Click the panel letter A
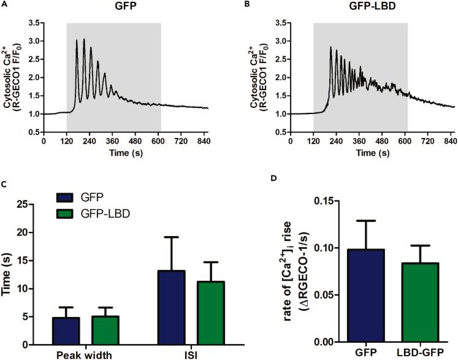(4, 4)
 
